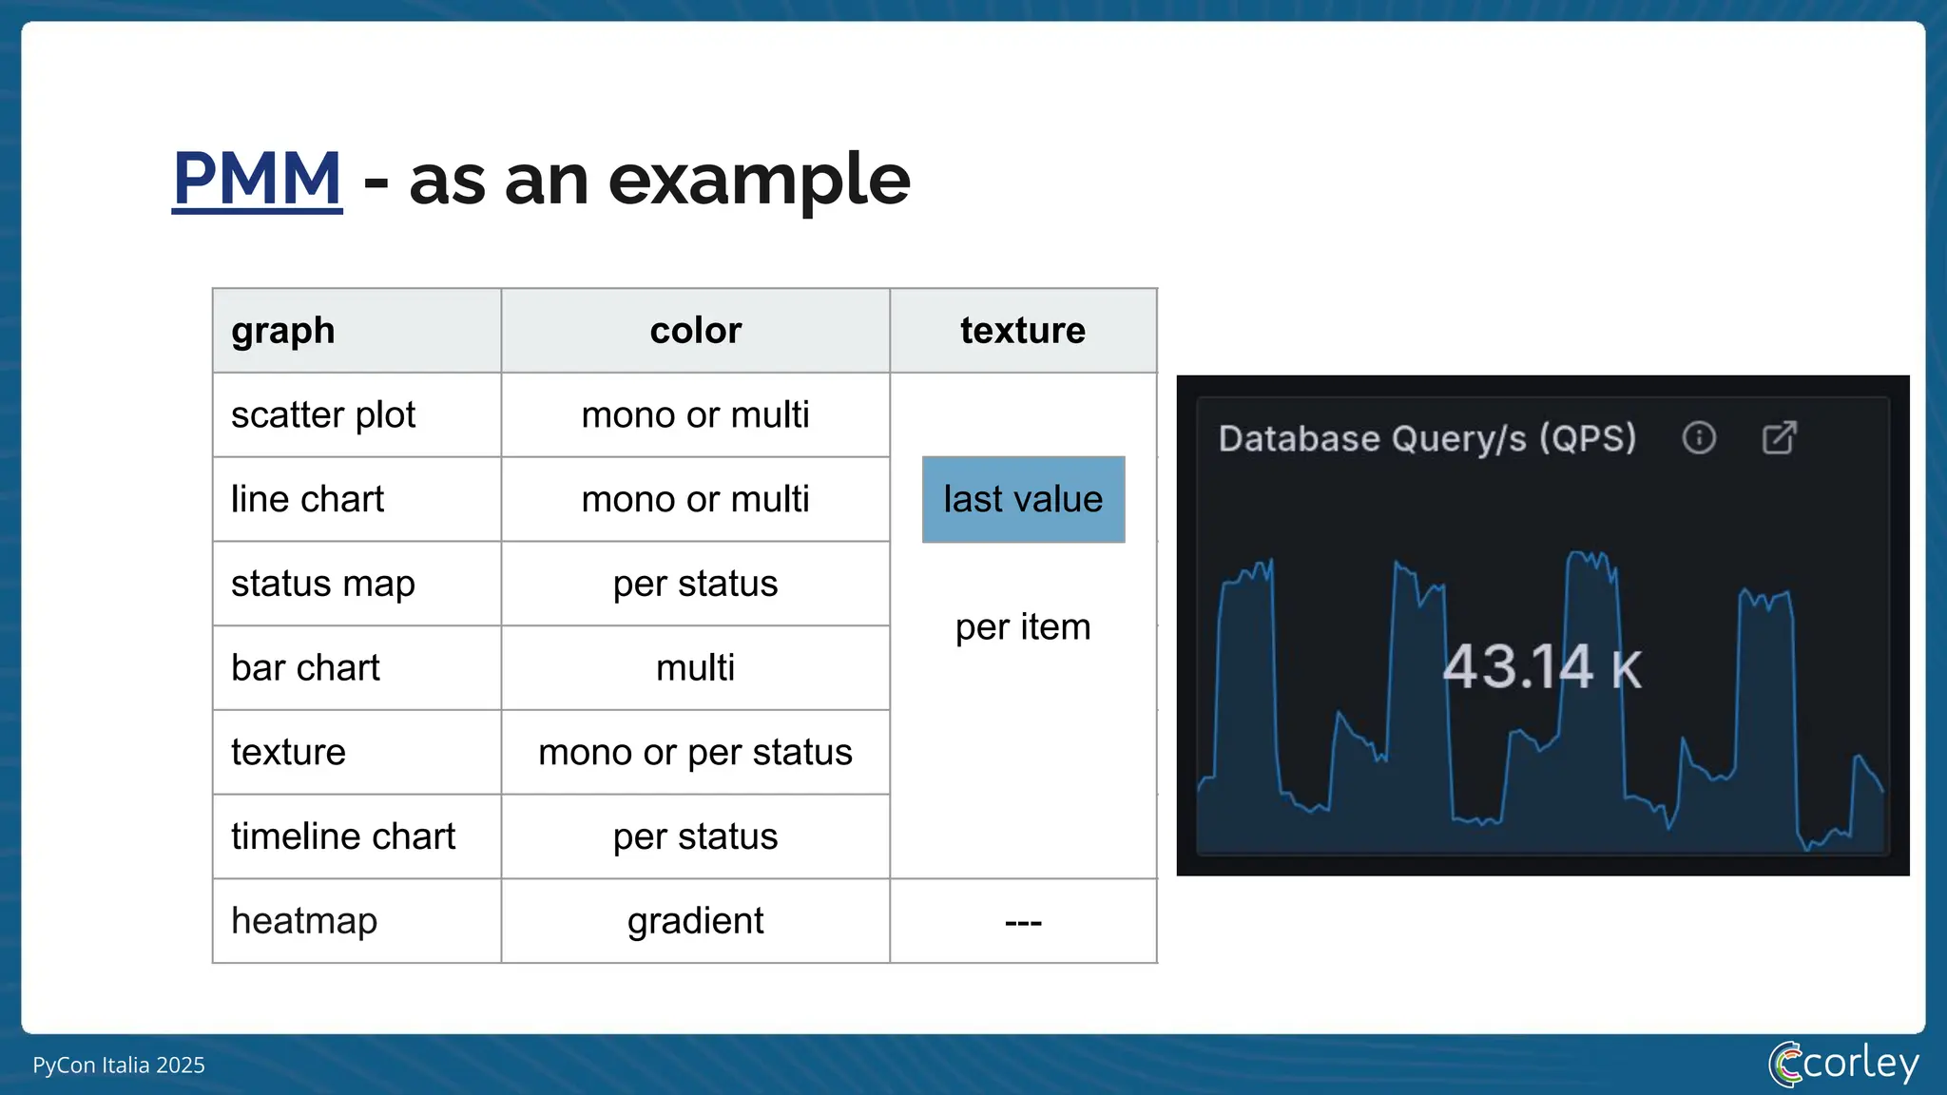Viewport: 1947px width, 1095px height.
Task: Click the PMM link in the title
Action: pos(257,179)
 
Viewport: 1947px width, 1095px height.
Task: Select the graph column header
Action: pos(283,331)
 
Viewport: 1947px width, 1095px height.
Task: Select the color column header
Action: pos(695,331)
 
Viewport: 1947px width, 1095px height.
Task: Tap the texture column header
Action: pos(1022,331)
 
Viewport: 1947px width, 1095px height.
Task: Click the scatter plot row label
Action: pos(323,415)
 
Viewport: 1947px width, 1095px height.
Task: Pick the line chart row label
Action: pos(307,500)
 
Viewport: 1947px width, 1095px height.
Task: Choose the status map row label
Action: pos(322,584)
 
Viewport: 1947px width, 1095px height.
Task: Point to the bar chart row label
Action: pos(305,668)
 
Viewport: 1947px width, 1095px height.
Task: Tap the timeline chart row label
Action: pos(343,836)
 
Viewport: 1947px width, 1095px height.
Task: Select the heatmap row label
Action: pos(304,921)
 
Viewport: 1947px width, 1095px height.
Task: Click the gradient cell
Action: pos(695,921)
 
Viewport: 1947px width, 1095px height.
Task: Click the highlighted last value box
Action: pos(1023,500)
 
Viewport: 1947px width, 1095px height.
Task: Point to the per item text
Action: pos(1023,627)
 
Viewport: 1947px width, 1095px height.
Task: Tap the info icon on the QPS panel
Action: pos(1699,438)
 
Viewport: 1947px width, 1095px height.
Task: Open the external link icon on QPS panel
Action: pos(1779,438)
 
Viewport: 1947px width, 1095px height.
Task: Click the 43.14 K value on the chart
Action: pos(1541,667)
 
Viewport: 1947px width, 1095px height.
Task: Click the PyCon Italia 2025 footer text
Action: pos(119,1066)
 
